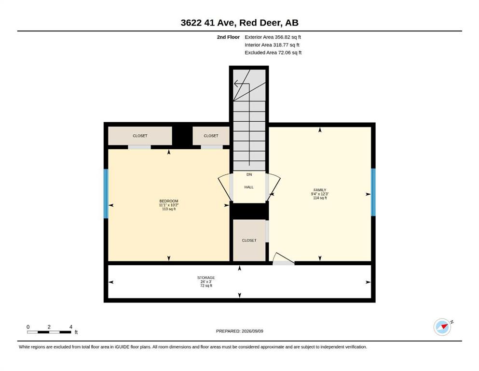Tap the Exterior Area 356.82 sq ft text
coord(273,37)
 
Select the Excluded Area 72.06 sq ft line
coord(273,53)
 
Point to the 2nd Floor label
coord(228,37)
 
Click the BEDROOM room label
coord(169,201)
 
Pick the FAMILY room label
coord(320,190)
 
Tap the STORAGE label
coord(206,278)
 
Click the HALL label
coord(249,187)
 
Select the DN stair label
coord(249,175)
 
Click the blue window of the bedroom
coord(106,194)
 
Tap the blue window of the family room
coord(373,192)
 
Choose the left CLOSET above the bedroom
coord(140,136)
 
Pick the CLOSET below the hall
coord(249,241)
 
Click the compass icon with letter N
coord(443,327)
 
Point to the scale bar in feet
coord(49,332)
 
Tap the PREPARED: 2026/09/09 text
coord(239,331)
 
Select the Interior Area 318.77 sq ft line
coord(272,45)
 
